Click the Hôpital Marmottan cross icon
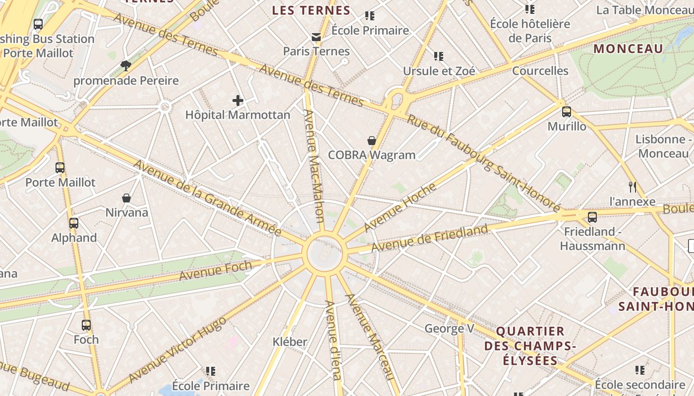click(238, 101)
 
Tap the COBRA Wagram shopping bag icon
click(372, 141)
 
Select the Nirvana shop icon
click(126, 198)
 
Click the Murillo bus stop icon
click(567, 112)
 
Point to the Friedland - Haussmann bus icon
click(592, 217)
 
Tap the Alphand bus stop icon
click(74, 223)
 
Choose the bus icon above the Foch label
click(86, 325)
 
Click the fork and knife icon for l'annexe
click(632, 187)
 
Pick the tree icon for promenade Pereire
click(126, 65)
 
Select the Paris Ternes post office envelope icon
click(316, 37)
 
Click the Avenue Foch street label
click(216, 270)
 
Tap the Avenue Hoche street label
click(400, 207)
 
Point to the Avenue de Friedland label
click(429, 238)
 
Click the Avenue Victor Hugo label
click(177, 349)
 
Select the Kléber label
click(290, 342)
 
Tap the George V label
click(450, 328)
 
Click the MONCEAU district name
click(628, 49)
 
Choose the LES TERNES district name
click(311, 10)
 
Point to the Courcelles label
click(540, 70)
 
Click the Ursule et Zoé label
click(439, 71)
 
